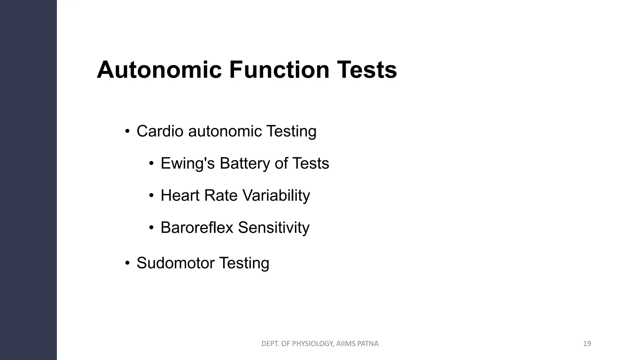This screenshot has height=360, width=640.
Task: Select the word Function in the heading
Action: [279, 70]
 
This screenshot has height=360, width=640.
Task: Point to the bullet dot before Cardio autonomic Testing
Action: [127, 131]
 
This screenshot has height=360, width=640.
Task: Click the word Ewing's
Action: [187, 163]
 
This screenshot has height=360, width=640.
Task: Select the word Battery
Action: [244, 163]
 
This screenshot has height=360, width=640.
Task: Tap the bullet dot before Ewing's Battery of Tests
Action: [151, 163]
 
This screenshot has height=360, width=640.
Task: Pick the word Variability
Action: [276, 196]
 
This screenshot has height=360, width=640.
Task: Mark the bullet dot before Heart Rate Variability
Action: [151, 196]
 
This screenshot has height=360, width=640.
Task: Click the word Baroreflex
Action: [197, 227]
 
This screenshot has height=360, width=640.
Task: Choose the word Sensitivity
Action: [274, 227]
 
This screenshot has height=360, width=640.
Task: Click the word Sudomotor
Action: [175, 263]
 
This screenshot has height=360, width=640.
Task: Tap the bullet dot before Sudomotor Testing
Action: [127, 263]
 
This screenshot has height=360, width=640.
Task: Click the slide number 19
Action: [587, 344]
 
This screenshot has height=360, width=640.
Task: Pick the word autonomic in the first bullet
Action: [225, 131]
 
